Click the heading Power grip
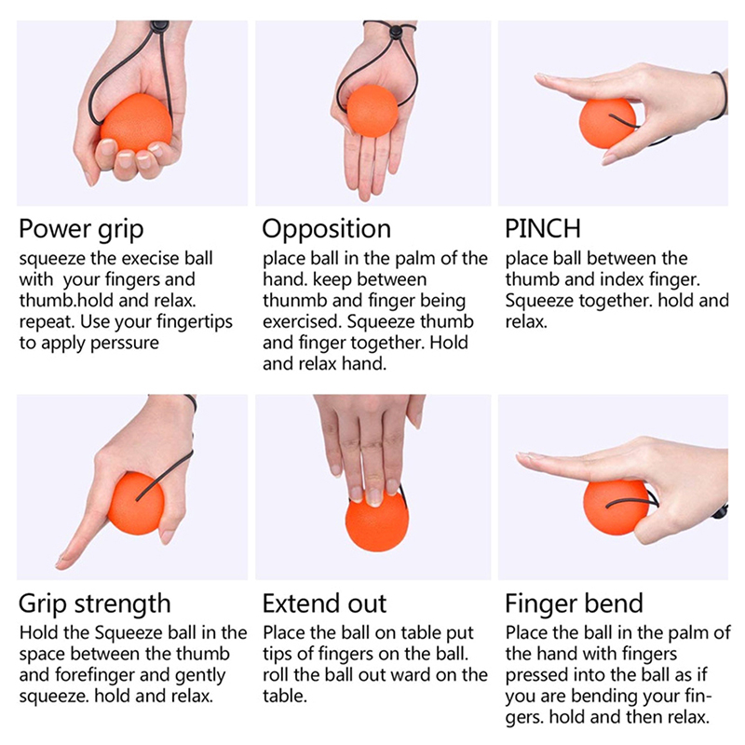click(81, 229)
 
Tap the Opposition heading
click(327, 229)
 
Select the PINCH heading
click(543, 228)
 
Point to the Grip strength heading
click(95, 604)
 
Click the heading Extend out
click(324, 603)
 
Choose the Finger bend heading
click(574, 603)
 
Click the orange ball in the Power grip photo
click(135, 123)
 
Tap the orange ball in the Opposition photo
click(372, 111)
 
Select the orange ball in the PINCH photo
click(607, 123)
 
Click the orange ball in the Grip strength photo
click(136, 503)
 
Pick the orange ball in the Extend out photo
click(377, 521)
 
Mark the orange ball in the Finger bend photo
click(616, 507)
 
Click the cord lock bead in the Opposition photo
click(394, 33)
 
